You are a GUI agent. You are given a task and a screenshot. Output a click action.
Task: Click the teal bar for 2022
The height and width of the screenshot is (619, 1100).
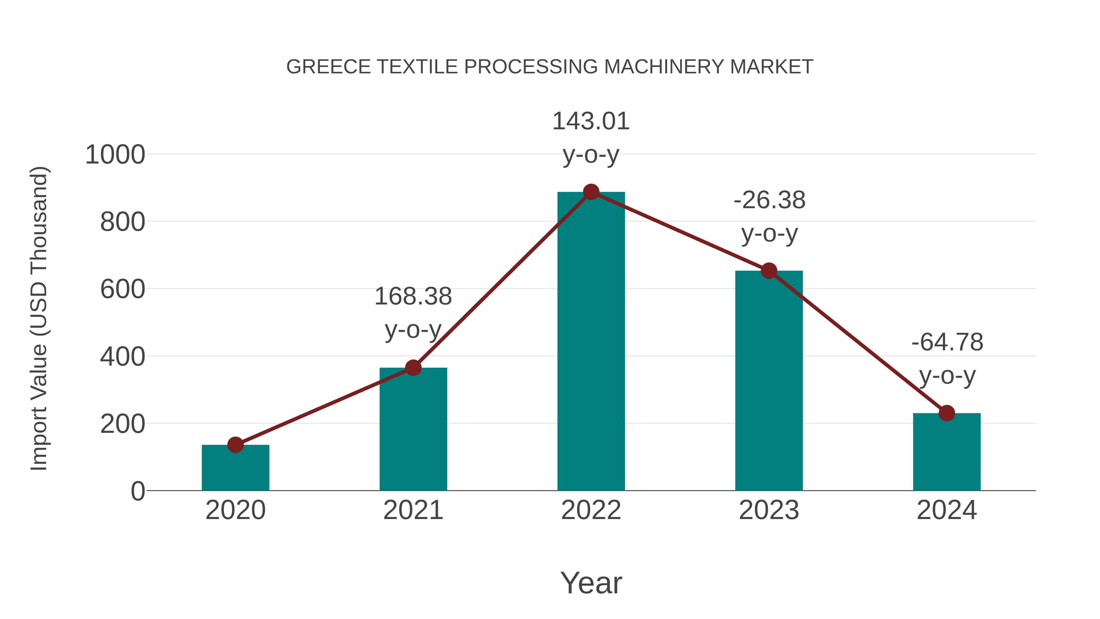pos(591,342)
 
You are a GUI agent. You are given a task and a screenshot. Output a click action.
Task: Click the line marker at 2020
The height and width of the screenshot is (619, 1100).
pos(235,445)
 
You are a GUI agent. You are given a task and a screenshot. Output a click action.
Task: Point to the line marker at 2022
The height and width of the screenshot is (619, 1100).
pos(591,192)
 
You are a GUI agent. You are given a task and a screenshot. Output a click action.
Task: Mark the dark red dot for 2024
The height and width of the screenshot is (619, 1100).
pos(947,413)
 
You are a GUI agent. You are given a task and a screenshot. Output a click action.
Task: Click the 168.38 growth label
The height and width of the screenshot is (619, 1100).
pos(413,297)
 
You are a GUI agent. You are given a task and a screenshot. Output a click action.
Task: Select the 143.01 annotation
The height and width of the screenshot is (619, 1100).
pos(591,121)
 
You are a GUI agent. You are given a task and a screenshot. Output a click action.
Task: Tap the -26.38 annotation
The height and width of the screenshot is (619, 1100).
pos(769,200)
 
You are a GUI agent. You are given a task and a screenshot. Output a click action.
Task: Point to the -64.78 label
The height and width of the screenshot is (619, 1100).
pos(947,343)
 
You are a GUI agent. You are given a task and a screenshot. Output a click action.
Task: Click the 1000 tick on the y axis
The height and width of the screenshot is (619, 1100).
pos(115,155)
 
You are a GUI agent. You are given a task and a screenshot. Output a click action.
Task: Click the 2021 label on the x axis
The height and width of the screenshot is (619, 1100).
pos(413,510)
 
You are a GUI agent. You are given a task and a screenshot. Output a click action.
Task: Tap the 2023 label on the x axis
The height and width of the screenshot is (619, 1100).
pos(769,510)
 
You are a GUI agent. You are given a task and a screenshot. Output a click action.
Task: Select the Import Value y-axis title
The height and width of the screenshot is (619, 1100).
pos(39,318)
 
